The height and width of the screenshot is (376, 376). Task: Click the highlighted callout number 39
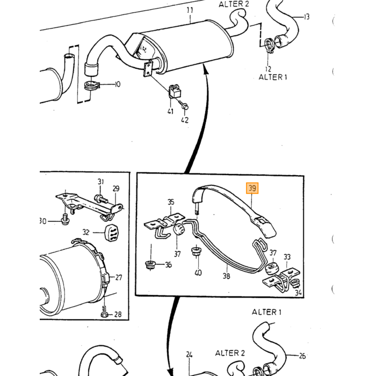click(252, 188)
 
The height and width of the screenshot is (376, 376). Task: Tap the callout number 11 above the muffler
click(190, 10)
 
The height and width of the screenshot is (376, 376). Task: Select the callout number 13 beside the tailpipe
click(306, 17)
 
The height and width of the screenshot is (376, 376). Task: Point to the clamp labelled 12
click(269, 46)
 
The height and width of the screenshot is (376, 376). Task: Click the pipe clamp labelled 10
click(92, 85)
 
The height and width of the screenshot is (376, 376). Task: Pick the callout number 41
click(170, 111)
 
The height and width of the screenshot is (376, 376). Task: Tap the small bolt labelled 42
click(184, 105)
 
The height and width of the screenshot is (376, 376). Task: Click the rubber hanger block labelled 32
click(111, 233)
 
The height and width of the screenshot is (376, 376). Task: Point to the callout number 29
click(116, 189)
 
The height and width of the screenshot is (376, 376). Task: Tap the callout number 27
click(119, 278)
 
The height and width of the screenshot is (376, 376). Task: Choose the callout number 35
click(170, 202)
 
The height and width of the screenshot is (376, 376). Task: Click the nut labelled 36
click(150, 265)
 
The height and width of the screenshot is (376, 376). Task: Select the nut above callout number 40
click(197, 251)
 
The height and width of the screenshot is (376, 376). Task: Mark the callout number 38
click(226, 276)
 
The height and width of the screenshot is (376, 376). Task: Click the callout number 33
click(287, 257)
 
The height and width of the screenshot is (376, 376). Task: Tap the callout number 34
click(298, 293)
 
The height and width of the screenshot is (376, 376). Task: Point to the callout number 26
click(302, 356)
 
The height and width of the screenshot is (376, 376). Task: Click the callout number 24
click(189, 354)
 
